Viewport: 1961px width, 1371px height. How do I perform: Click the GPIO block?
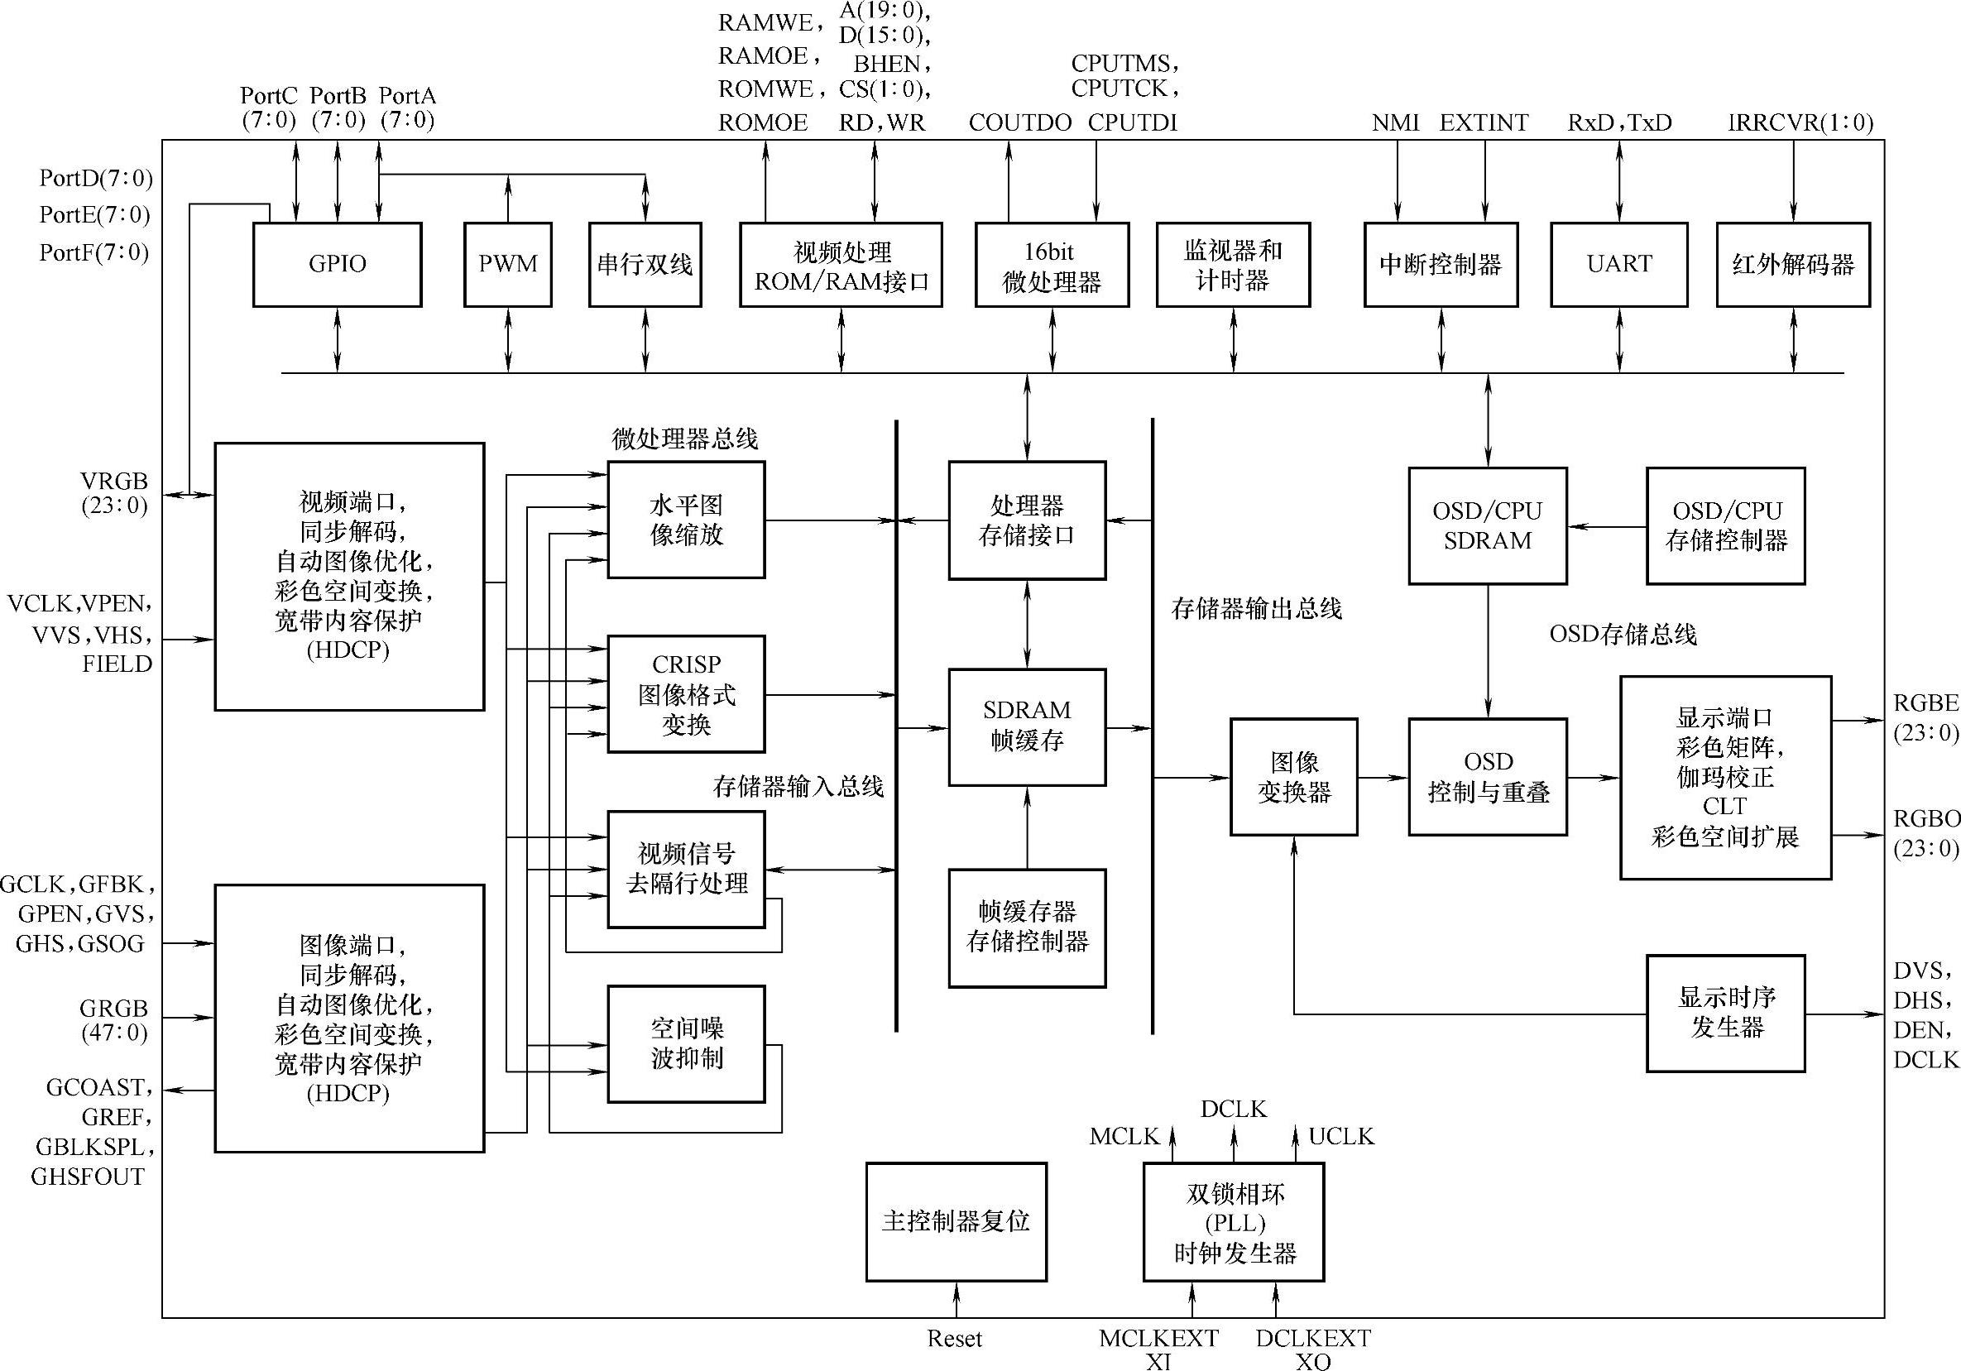pyautogui.click(x=338, y=264)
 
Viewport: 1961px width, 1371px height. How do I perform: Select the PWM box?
pyautogui.click(x=507, y=264)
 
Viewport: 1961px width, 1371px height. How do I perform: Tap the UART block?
pyautogui.click(x=1618, y=264)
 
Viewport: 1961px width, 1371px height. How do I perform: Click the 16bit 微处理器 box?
pyautogui.click(x=1052, y=264)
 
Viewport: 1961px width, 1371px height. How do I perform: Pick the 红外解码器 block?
pyautogui.click(x=1793, y=264)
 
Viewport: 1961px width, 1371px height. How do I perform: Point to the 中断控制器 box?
pyautogui.click(x=1441, y=264)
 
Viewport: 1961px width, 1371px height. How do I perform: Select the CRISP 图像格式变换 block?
pyautogui.click(x=686, y=693)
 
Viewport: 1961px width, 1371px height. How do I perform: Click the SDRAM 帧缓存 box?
pyautogui.click(x=1027, y=726)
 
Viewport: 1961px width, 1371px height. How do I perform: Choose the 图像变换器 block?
pyautogui.click(x=1293, y=776)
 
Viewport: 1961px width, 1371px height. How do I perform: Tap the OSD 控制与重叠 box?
pyautogui.click(x=1488, y=776)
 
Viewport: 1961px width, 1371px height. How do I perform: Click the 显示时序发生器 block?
pyautogui.click(x=1725, y=1013)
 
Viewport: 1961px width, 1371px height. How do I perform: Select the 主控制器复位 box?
pyautogui.click(x=956, y=1221)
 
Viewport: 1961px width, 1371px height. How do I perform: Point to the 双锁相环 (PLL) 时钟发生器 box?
pyautogui.click(x=1234, y=1221)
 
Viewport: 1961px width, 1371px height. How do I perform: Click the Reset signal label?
pyautogui.click(x=955, y=1339)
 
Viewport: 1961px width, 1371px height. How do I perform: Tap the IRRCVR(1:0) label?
pyautogui.click(x=1800, y=123)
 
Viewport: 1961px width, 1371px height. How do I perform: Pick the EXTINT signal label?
pyautogui.click(x=1484, y=123)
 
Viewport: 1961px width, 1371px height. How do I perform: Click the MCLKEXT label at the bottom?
pyautogui.click(x=1158, y=1338)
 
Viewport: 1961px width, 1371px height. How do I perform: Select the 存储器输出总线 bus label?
pyautogui.click(x=1256, y=609)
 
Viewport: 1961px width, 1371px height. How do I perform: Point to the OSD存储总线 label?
pyautogui.click(x=1623, y=634)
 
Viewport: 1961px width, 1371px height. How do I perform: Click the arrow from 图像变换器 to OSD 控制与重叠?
pyautogui.click(x=1383, y=777)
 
